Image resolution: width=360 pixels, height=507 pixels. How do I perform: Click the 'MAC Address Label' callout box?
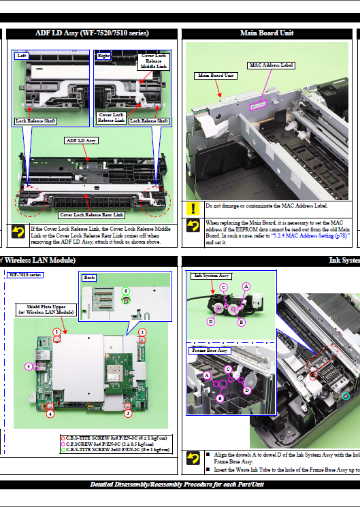[271, 65]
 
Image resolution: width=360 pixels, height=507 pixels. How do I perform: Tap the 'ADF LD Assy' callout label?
[81, 141]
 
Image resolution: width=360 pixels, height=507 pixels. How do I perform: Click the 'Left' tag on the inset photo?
[22, 56]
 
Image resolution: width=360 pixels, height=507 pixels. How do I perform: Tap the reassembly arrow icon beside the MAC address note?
[193, 226]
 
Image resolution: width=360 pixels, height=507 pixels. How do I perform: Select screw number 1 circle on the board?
[57, 331]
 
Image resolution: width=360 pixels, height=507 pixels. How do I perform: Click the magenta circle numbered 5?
[27, 366]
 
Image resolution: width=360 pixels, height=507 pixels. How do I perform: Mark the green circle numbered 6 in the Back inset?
[125, 291]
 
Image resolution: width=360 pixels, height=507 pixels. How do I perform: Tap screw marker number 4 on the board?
[50, 413]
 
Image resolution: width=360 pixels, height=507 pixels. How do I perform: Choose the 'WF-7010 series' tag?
[25, 275]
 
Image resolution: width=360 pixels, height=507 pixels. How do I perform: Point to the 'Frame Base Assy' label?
[209, 350]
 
